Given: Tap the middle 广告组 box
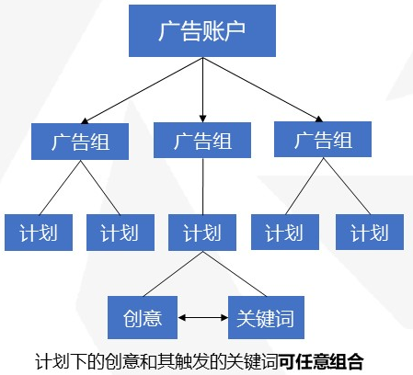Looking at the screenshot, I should pyautogui.click(x=201, y=142).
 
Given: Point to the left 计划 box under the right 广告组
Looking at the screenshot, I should pyautogui.click(x=284, y=233).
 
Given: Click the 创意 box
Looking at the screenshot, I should pyautogui.click(x=142, y=318).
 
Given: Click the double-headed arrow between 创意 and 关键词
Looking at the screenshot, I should pyautogui.click(x=203, y=318).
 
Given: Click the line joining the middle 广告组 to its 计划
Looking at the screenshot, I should pyautogui.click(x=201, y=187).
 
